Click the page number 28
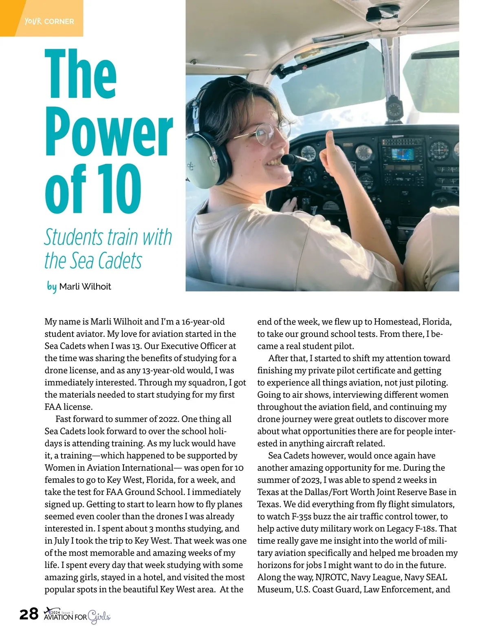coord(29,613)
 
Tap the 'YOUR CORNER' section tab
coord(49,21)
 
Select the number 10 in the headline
coord(119,189)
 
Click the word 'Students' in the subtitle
coord(74,237)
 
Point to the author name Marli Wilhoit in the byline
coord(85,287)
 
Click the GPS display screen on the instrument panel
coord(403,155)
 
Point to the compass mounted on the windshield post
coord(394,109)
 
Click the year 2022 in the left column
coord(165,419)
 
